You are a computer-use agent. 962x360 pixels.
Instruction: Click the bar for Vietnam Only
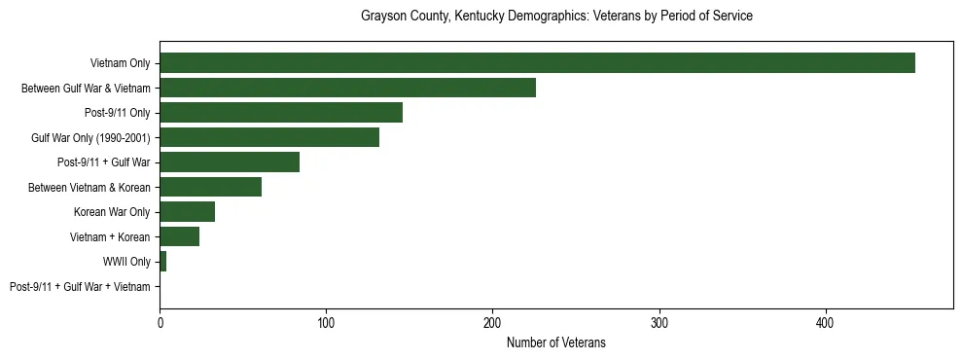(x=537, y=63)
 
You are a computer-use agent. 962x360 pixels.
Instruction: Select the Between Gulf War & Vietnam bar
(x=347, y=89)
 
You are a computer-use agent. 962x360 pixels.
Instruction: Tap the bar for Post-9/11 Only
(x=281, y=113)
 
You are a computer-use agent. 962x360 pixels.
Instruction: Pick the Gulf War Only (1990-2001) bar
(x=269, y=138)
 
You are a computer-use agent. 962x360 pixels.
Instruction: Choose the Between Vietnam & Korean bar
(x=210, y=187)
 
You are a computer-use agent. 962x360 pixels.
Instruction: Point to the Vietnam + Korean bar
(x=179, y=236)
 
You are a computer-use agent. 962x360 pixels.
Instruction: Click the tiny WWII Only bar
(x=162, y=262)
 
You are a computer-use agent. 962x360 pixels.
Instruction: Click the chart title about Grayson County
(x=556, y=17)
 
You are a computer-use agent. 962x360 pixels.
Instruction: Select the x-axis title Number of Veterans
(x=556, y=342)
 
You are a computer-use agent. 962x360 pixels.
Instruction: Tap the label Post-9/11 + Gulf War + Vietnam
(x=80, y=287)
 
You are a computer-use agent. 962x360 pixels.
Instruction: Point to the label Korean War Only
(x=112, y=212)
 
